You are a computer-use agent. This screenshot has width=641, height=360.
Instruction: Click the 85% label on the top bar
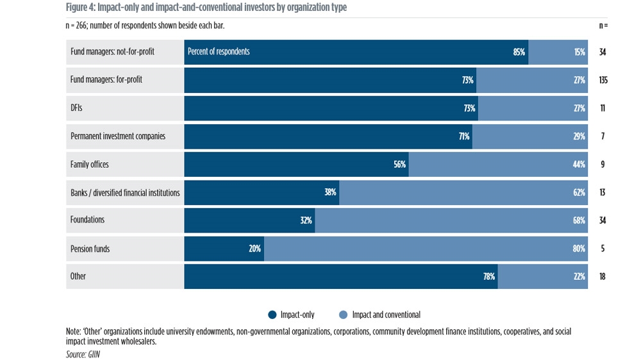click(519, 52)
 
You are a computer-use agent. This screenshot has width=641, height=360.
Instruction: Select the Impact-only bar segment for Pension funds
click(224, 249)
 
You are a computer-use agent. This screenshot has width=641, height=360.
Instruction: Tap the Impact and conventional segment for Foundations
click(451, 220)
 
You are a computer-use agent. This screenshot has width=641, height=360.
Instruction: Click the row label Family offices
click(90, 165)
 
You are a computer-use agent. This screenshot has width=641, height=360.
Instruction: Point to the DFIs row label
click(76, 108)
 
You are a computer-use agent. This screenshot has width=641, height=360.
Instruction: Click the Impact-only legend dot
click(272, 315)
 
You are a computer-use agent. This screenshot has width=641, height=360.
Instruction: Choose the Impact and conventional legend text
click(386, 315)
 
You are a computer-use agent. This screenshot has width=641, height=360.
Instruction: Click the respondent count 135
click(603, 80)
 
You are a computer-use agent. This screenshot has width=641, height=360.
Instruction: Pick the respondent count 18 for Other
click(603, 277)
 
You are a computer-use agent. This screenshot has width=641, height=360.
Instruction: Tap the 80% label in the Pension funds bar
click(579, 249)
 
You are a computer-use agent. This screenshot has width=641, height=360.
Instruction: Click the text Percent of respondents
click(219, 52)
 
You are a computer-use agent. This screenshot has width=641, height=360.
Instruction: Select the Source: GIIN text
click(83, 354)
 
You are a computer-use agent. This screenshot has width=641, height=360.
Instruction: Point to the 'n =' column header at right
click(603, 26)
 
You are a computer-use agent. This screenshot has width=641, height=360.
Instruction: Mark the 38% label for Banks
click(330, 192)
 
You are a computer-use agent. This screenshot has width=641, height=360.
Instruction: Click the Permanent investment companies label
click(118, 136)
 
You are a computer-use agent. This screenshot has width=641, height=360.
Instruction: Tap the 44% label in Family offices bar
click(579, 165)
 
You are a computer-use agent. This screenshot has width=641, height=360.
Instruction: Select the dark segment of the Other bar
click(340, 277)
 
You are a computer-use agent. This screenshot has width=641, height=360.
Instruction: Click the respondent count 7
click(603, 136)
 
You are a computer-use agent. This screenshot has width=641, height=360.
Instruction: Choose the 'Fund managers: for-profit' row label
click(106, 80)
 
